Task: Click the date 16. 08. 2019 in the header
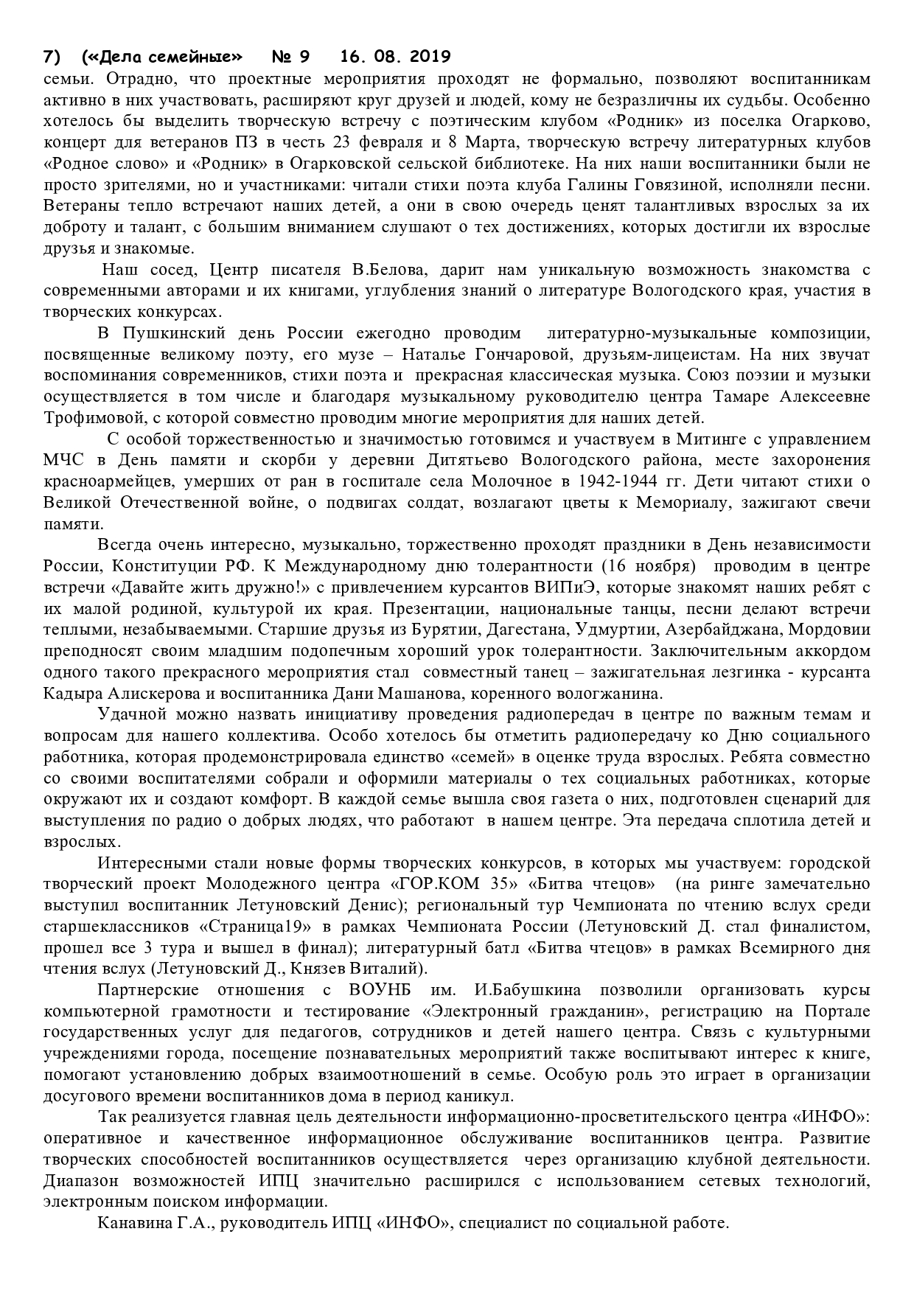click(x=396, y=57)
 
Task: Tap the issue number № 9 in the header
click(x=292, y=57)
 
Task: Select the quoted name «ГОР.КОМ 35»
click(x=437, y=884)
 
